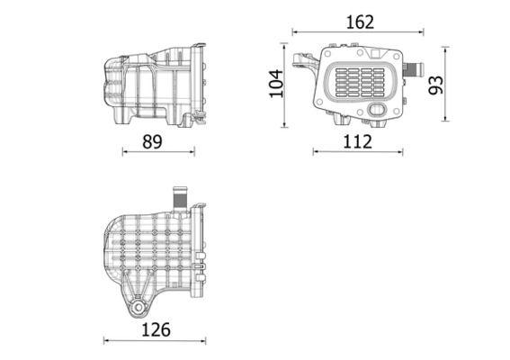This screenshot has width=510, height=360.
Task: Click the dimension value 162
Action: click(x=359, y=22)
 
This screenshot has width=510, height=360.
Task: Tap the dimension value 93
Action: click(x=436, y=85)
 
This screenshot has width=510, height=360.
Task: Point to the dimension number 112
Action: click(x=357, y=140)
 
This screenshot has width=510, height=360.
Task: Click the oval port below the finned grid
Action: click(x=377, y=111)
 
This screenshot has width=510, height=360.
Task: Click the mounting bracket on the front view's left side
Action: click(x=302, y=63)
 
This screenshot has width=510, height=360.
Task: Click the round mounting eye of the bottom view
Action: click(x=137, y=309)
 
